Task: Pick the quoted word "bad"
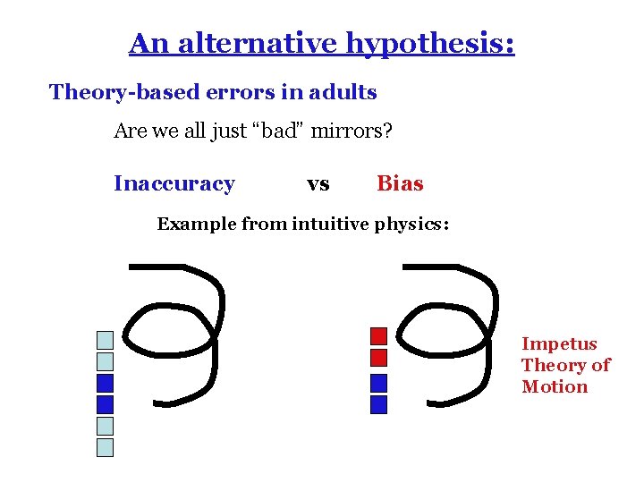(x=278, y=131)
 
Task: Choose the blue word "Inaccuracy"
(x=174, y=183)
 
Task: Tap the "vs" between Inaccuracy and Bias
(x=318, y=184)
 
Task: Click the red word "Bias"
(x=400, y=183)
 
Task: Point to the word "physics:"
(x=412, y=224)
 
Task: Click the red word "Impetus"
(x=559, y=344)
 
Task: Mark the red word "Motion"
(x=555, y=387)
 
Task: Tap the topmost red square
(x=378, y=336)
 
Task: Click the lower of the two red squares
(x=378, y=358)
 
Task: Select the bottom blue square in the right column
(x=378, y=404)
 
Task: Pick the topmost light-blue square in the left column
(x=106, y=340)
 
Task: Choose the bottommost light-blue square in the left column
(x=106, y=447)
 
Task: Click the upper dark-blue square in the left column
(x=106, y=383)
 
